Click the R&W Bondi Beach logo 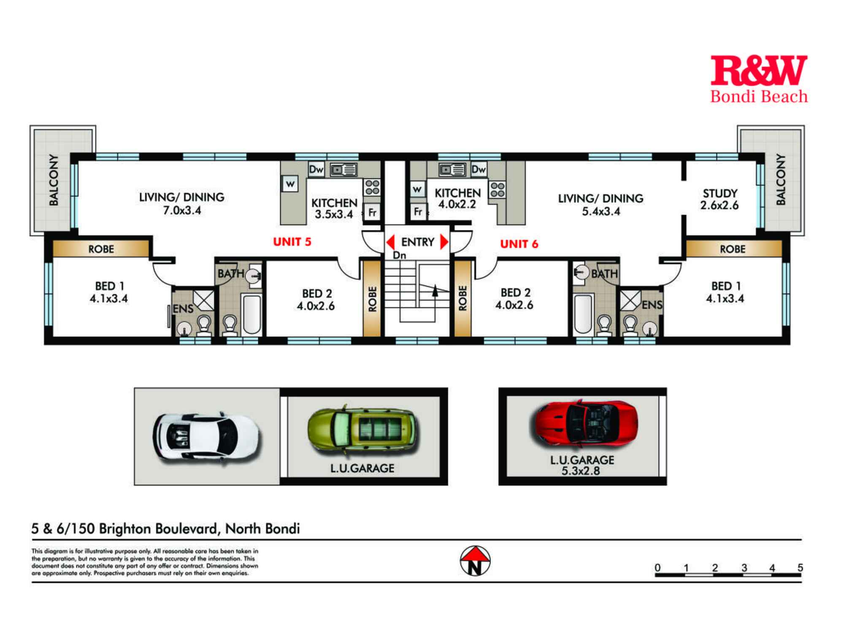pyautogui.click(x=759, y=79)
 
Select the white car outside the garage pyautogui.click(x=206, y=436)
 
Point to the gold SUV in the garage pyautogui.click(x=362, y=430)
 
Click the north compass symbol pyautogui.click(x=475, y=561)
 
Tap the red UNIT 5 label pyautogui.click(x=292, y=242)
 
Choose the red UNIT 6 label pyautogui.click(x=519, y=244)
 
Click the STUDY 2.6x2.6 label pyautogui.click(x=720, y=199)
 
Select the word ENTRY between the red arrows pyautogui.click(x=418, y=242)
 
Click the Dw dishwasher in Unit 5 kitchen pyautogui.click(x=316, y=170)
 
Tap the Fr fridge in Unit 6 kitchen pyautogui.click(x=418, y=211)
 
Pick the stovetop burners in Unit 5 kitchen pyautogui.click(x=372, y=187)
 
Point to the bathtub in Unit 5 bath pyautogui.click(x=252, y=314)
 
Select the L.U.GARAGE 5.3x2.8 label pyautogui.click(x=582, y=465)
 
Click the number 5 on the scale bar pyautogui.click(x=800, y=568)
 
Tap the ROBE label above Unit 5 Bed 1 pyautogui.click(x=101, y=249)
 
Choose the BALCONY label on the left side pyautogui.click(x=54, y=180)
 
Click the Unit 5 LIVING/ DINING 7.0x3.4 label pyautogui.click(x=182, y=203)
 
